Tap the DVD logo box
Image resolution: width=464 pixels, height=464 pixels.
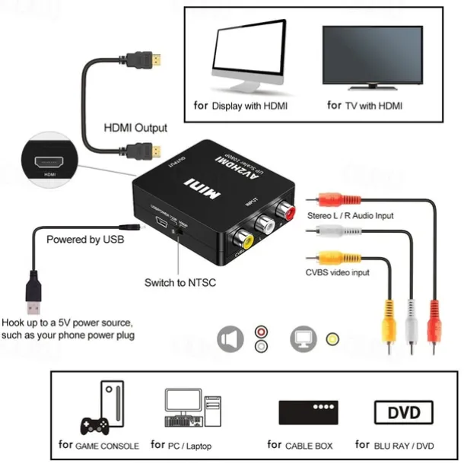coord(404,413)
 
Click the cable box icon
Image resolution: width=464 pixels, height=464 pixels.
coord(307,413)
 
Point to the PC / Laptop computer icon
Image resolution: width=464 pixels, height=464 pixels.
coord(188,411)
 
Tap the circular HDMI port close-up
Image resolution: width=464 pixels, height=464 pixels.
coord(51,160)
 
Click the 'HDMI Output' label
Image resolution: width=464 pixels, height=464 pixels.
coord(135,128)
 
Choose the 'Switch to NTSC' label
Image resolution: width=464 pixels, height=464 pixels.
coord(180,283)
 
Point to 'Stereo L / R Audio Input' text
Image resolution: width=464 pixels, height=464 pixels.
coord(350,216)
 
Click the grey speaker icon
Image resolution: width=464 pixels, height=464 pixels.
coord(230,339)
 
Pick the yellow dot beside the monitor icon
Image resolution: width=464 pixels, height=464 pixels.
coord(331,339)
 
